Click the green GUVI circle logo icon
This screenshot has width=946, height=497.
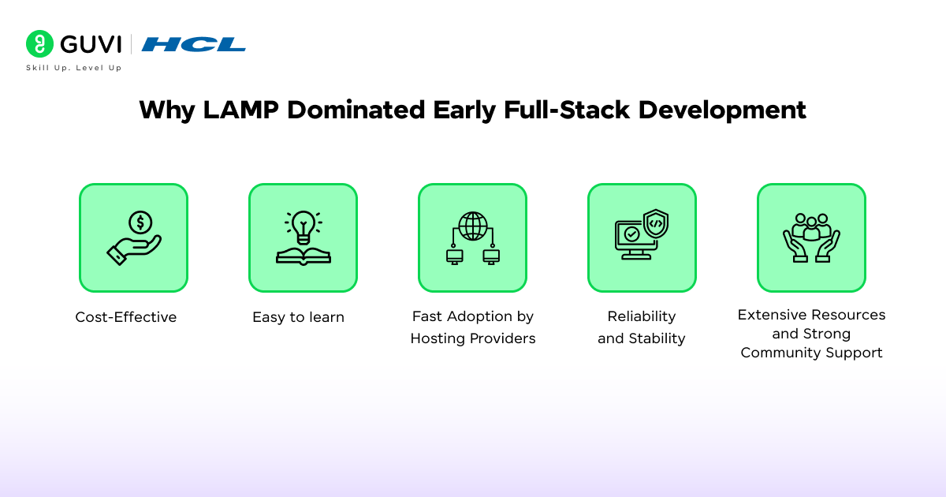[39, 44]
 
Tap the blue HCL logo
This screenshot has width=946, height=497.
[194, 44]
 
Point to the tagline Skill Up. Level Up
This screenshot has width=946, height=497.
[73, 68]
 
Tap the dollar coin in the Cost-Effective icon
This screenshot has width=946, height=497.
[140, 223]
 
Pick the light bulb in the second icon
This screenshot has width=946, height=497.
[303, 226]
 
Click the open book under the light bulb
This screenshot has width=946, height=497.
[303, 255]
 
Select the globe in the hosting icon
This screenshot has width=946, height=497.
[472, 226]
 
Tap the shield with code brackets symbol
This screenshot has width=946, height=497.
[655, 224]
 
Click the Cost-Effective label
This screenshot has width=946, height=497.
[126, 317]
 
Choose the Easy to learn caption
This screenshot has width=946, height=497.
[298, 317]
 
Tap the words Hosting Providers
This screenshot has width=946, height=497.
[472, 338]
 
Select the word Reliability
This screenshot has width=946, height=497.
[641, 316]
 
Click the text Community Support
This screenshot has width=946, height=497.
[811, 353]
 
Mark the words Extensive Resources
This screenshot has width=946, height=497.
[811, 315]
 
